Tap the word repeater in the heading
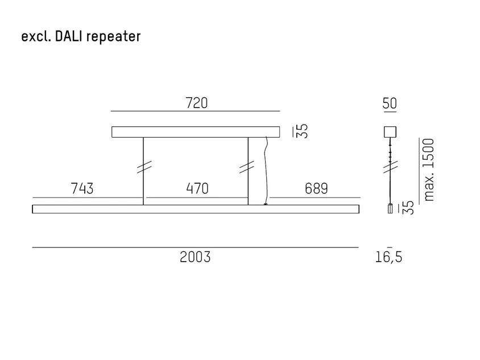click(114, 37)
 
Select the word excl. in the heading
click(36, 36)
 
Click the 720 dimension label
click(197, 103)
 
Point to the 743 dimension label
click(82, 189)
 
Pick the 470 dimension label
click(197, 189)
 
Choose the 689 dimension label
click(316, 189)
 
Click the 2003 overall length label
click(195, 257)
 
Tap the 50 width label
click(390, 103)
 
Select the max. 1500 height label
click(428, 169)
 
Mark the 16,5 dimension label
click(389, 257)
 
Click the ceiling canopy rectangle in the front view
click(196, 132)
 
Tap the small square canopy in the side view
click(390, 132)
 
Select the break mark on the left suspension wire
click(144, 167)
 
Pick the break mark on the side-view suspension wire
click(390, 167)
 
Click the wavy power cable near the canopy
click(266, 171)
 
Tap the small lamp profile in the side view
click(390, 209)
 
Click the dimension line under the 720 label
click(195, 111)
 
